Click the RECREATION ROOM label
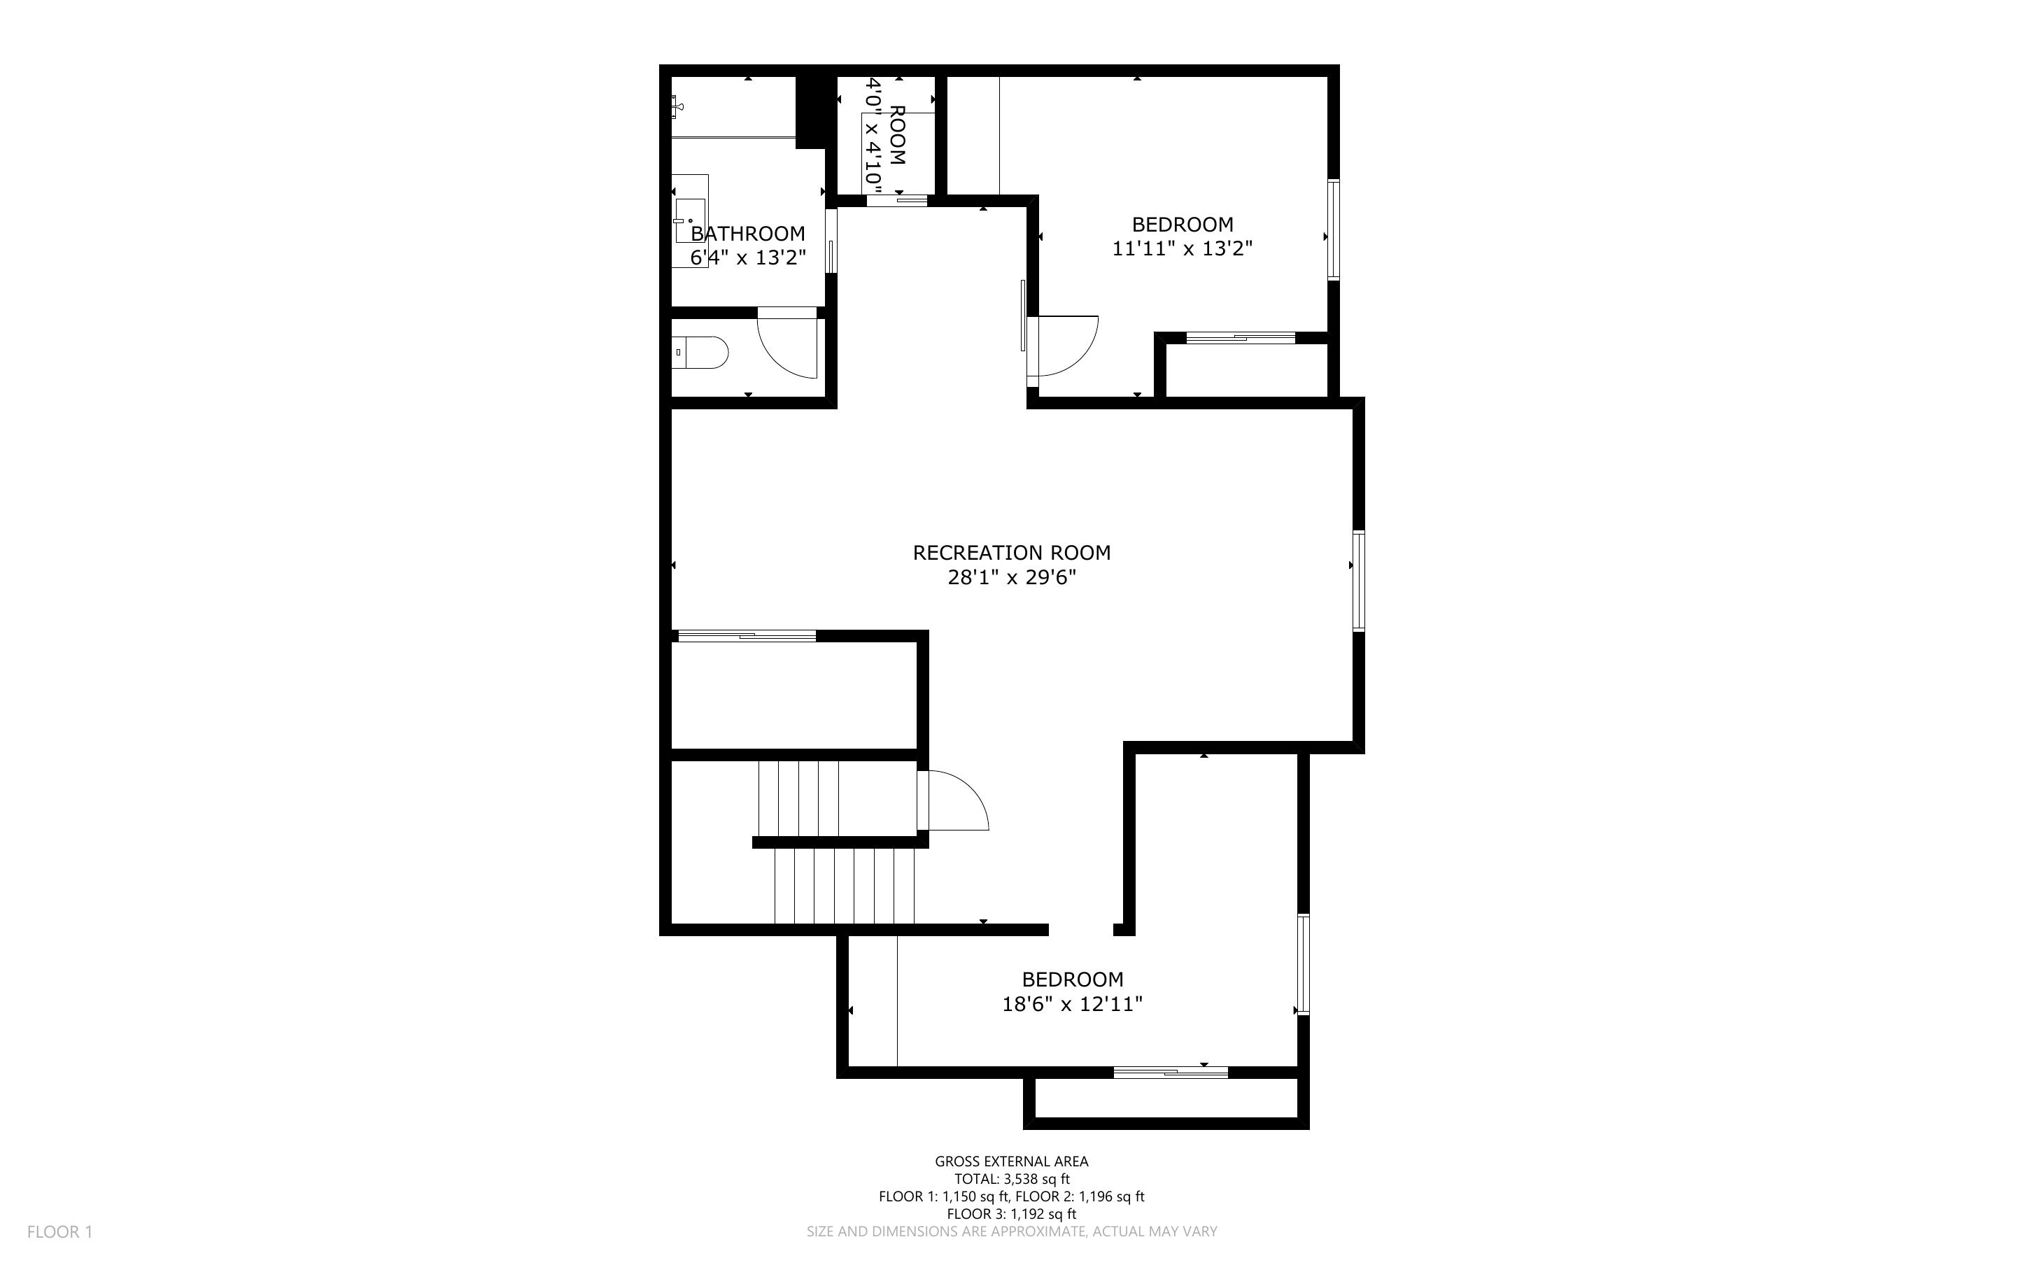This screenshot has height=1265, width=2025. pyautogui.click(x=1011, y=553)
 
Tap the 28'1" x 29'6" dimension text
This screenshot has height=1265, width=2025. pyautogui.click(x=1011, y=577)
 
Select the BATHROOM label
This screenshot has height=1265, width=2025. pyautogui.click(x=748, y=234)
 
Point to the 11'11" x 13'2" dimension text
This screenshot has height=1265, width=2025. pyautogui.click(x=1182, y=248)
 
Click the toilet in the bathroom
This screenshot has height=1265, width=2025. pyautogui.click(x=700, y=353)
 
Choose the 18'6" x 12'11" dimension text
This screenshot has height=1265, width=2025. pyautogui.click(x=1072, y=1004)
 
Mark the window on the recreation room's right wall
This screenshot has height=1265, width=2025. pyautogui.click(x=1358, y=581)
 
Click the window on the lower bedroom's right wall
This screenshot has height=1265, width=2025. pyautogui.click(x=1303, y=965)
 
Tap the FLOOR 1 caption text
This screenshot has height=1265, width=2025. pyautogui.click(x=59, y=1231)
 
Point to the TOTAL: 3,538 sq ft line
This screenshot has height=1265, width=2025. pyautogui.click(x=1011, y=1179)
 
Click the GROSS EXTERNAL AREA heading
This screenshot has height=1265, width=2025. pyautogui.click(x=1011, y=1161)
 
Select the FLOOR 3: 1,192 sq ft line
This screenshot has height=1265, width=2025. pyautogui.click(x=1011, y=1214)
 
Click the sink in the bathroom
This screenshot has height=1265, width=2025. pyautogui.click(x=690, y=220)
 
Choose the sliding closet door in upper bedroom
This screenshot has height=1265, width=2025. pyautogui.click(x=1241, y=338)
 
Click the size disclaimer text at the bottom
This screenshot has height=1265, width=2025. pyautogui.click(x=1011, y=1231)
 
